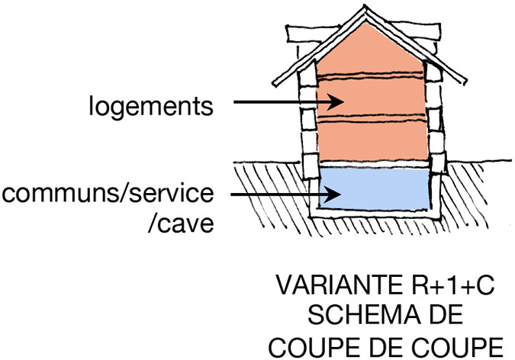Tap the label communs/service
(x=107, y=194)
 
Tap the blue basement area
(x=374, y=189)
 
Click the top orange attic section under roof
(x=371, y=53)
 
